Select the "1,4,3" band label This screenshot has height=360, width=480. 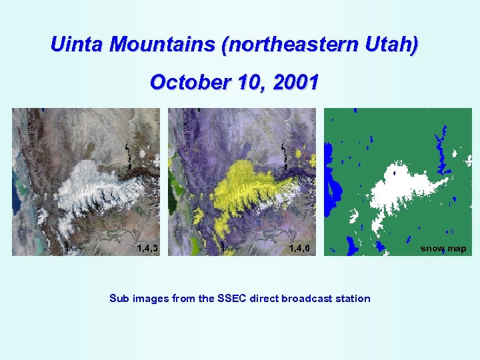(x=147, y=249)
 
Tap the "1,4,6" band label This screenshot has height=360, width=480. (x=299, y=249)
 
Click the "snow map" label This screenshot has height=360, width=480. (x=443, y=249)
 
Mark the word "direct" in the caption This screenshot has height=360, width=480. (x=265, y=299)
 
